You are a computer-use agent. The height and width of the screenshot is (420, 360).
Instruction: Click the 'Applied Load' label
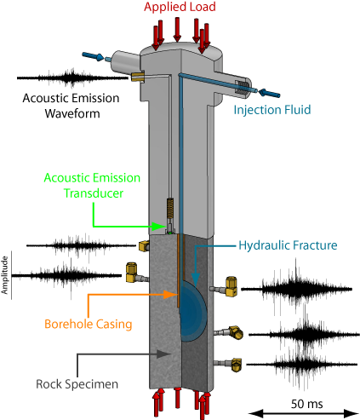pos(180,7)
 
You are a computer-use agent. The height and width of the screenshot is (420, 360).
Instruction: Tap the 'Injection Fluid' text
pos(272,110)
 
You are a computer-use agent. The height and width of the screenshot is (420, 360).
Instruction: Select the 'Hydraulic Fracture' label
pos(288,245)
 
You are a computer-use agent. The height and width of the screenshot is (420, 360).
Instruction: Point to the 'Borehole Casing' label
pos(89,324)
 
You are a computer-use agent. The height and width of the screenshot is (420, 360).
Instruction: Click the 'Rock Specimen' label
pos(77,384)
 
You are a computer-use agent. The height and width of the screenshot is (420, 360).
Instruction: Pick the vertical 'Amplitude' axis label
pos(4,275)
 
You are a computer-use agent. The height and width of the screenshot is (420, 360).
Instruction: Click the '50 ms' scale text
pos(306,404)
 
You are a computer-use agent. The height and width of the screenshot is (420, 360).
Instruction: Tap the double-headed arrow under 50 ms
pos(304,413)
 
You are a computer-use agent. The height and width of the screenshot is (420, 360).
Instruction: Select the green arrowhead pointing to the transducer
pos(157,227)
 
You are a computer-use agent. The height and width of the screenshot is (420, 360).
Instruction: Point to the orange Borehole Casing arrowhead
pos(171,295)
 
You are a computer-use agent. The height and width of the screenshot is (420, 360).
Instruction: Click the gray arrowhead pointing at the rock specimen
pos(164,354)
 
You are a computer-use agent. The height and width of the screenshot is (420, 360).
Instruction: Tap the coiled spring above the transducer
pos(170,208)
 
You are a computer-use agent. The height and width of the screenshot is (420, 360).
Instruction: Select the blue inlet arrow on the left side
pos(93,56)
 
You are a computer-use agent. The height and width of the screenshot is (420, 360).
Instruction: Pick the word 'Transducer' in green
pos(94,193)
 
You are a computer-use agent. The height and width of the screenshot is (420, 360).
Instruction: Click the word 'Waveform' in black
pos(72,113)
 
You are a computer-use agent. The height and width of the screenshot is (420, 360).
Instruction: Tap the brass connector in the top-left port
pos(138,77)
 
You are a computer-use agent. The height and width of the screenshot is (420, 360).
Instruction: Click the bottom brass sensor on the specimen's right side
pos(235,365)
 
